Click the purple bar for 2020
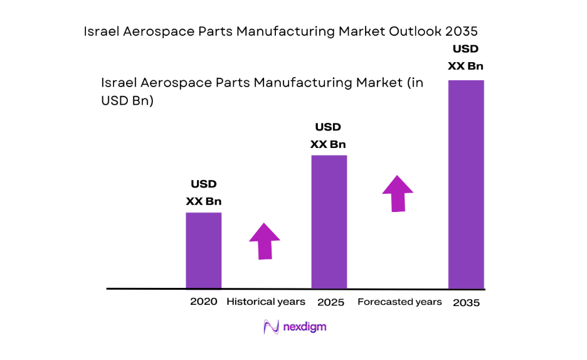click(203, 250)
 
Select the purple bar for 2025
click(329, 221)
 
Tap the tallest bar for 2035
click(465, 184)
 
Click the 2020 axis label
click(203, 302)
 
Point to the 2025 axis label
click(331, 302)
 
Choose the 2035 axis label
click(465, 303)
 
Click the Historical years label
click(266, 302)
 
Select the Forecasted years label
click(399, 302)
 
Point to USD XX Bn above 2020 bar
click(203, 193)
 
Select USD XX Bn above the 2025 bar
click(328, 135)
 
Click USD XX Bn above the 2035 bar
click(465, 57)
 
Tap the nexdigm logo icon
click(271, 327)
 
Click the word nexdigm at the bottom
click(304, 327)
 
